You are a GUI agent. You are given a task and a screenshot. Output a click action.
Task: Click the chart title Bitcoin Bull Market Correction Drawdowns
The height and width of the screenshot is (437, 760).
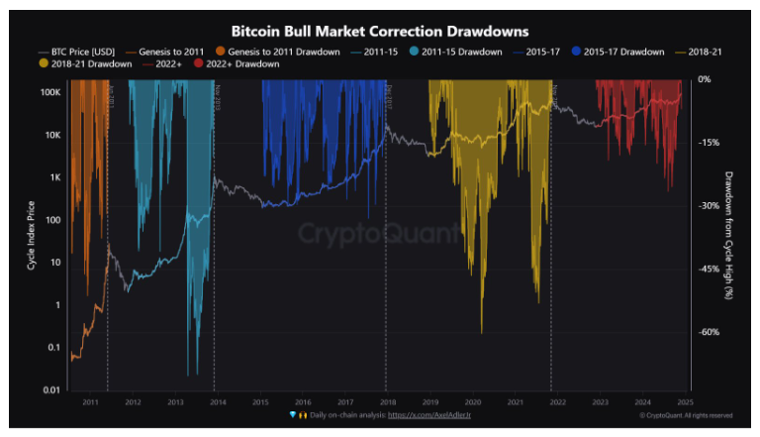[379, 32]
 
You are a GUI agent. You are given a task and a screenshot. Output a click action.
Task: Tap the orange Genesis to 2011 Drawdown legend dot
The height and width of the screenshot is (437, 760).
[220, 51]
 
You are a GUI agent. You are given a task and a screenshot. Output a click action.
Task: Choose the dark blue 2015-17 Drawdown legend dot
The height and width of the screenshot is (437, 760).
[577, 51]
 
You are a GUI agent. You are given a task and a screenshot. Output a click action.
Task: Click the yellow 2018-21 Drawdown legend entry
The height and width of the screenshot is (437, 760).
[83, 63]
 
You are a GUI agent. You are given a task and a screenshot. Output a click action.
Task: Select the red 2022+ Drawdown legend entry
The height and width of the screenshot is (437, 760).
[241, 63]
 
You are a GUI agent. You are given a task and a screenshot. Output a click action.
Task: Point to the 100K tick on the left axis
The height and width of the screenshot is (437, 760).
[50, 92]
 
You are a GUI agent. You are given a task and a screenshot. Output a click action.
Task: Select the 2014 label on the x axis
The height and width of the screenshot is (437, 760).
[218, 401]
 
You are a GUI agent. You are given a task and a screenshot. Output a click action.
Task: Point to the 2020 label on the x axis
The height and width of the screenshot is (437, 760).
[472, 401]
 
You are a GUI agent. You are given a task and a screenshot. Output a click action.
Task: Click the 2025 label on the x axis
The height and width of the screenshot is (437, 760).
[684, 401]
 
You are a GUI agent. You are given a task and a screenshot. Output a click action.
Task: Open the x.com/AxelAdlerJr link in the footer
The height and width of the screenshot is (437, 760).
[432, 415]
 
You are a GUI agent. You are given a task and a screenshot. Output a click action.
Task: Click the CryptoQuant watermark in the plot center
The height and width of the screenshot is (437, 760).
[380, 235]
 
